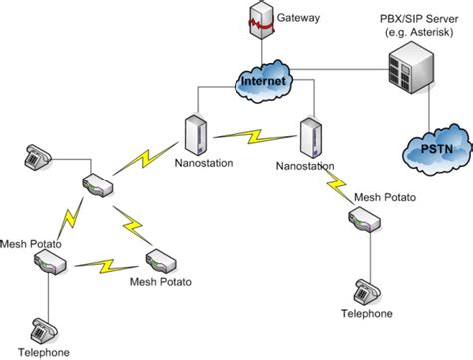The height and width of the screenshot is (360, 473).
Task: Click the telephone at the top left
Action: click(38, 155)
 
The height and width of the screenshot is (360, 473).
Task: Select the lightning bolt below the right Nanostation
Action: click(337, 182)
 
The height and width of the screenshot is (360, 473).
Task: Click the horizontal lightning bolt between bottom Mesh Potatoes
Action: click(105, 265)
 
